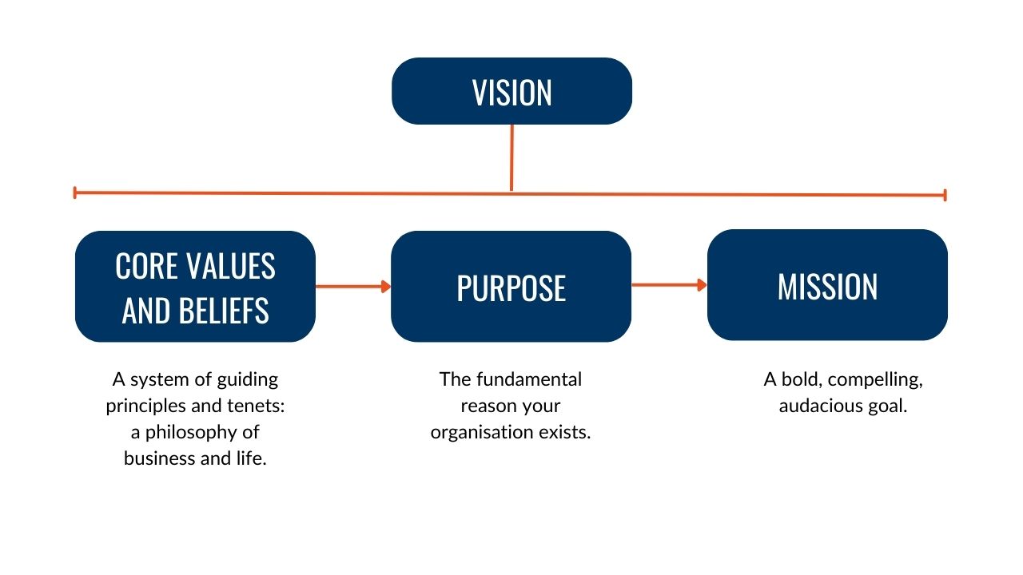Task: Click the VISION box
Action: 511,91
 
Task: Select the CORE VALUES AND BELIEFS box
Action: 195,287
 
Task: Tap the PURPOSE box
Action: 511,287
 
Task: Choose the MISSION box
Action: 827,285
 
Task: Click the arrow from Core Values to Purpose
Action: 352,286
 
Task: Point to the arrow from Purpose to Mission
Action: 669,284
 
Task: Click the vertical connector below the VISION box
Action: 511,157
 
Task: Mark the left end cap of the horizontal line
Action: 74,192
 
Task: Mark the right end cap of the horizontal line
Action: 945,195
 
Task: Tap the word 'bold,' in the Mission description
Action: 801,379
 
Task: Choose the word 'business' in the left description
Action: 157,459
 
